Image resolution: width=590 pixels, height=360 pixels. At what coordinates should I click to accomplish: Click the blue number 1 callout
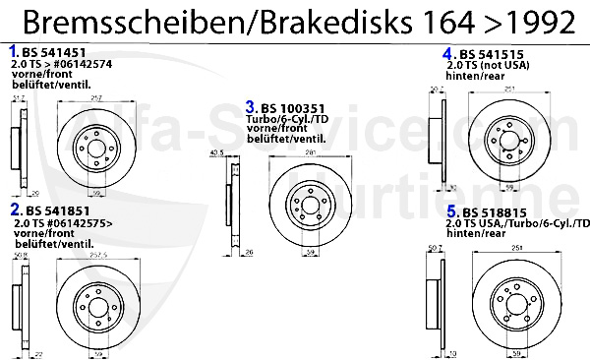click(13, 50)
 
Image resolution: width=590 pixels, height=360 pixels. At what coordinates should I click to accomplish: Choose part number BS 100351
click(294, 107)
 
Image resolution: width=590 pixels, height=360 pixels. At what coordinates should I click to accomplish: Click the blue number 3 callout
click(251, 106)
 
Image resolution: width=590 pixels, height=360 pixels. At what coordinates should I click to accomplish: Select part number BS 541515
click(492, 53)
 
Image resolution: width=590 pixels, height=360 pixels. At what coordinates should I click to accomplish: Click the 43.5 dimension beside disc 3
click(217, 153)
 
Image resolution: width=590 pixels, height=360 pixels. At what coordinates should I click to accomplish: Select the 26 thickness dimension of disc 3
click(251, 253)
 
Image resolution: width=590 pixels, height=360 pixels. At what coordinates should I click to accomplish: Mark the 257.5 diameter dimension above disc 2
click(98, 253)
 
